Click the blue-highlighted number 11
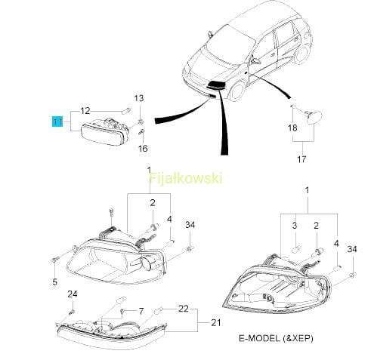57,122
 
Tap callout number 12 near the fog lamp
85,111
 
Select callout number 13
139,98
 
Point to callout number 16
143,149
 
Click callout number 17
301,159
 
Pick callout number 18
292,128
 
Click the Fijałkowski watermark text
186,178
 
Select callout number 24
73,294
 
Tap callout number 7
141,312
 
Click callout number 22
184,309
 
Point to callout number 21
215,322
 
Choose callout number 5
55,282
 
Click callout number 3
295,226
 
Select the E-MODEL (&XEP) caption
276,338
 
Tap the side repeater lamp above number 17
314,117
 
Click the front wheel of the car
237,91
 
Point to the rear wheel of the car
301,54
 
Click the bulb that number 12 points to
126,111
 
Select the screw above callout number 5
54,259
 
